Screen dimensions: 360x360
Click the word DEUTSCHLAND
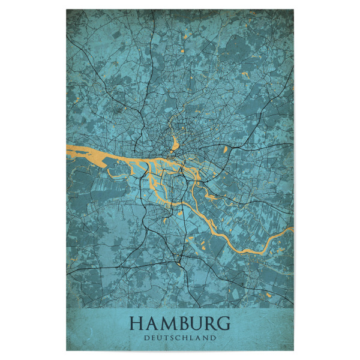pyautogui.click(x=180, y=338)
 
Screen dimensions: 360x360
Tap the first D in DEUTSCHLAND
pyautogui.click(x=147, y=338)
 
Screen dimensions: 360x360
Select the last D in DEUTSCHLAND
pyautogui.click(x=213, y=338)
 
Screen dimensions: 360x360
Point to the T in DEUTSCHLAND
pyautogui.click(x=167, y=338)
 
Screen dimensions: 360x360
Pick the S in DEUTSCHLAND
pyautogui.click(x=173, y=338)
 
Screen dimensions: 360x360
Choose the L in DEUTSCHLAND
pyautogui.click(x=193, y=338)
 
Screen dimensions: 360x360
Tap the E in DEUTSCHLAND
pyautogui.click(x=154, y=338)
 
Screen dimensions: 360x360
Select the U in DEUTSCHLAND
pyautogui.click(x=160, y=338)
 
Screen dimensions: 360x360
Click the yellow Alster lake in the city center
pyautogui.click(x=175, y=143)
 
